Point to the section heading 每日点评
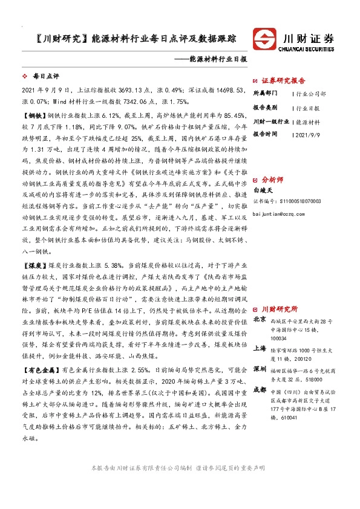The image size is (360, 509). (x=44, y=77)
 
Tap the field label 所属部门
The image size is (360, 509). (x=264, y=94)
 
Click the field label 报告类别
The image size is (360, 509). (x=264, y=108)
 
